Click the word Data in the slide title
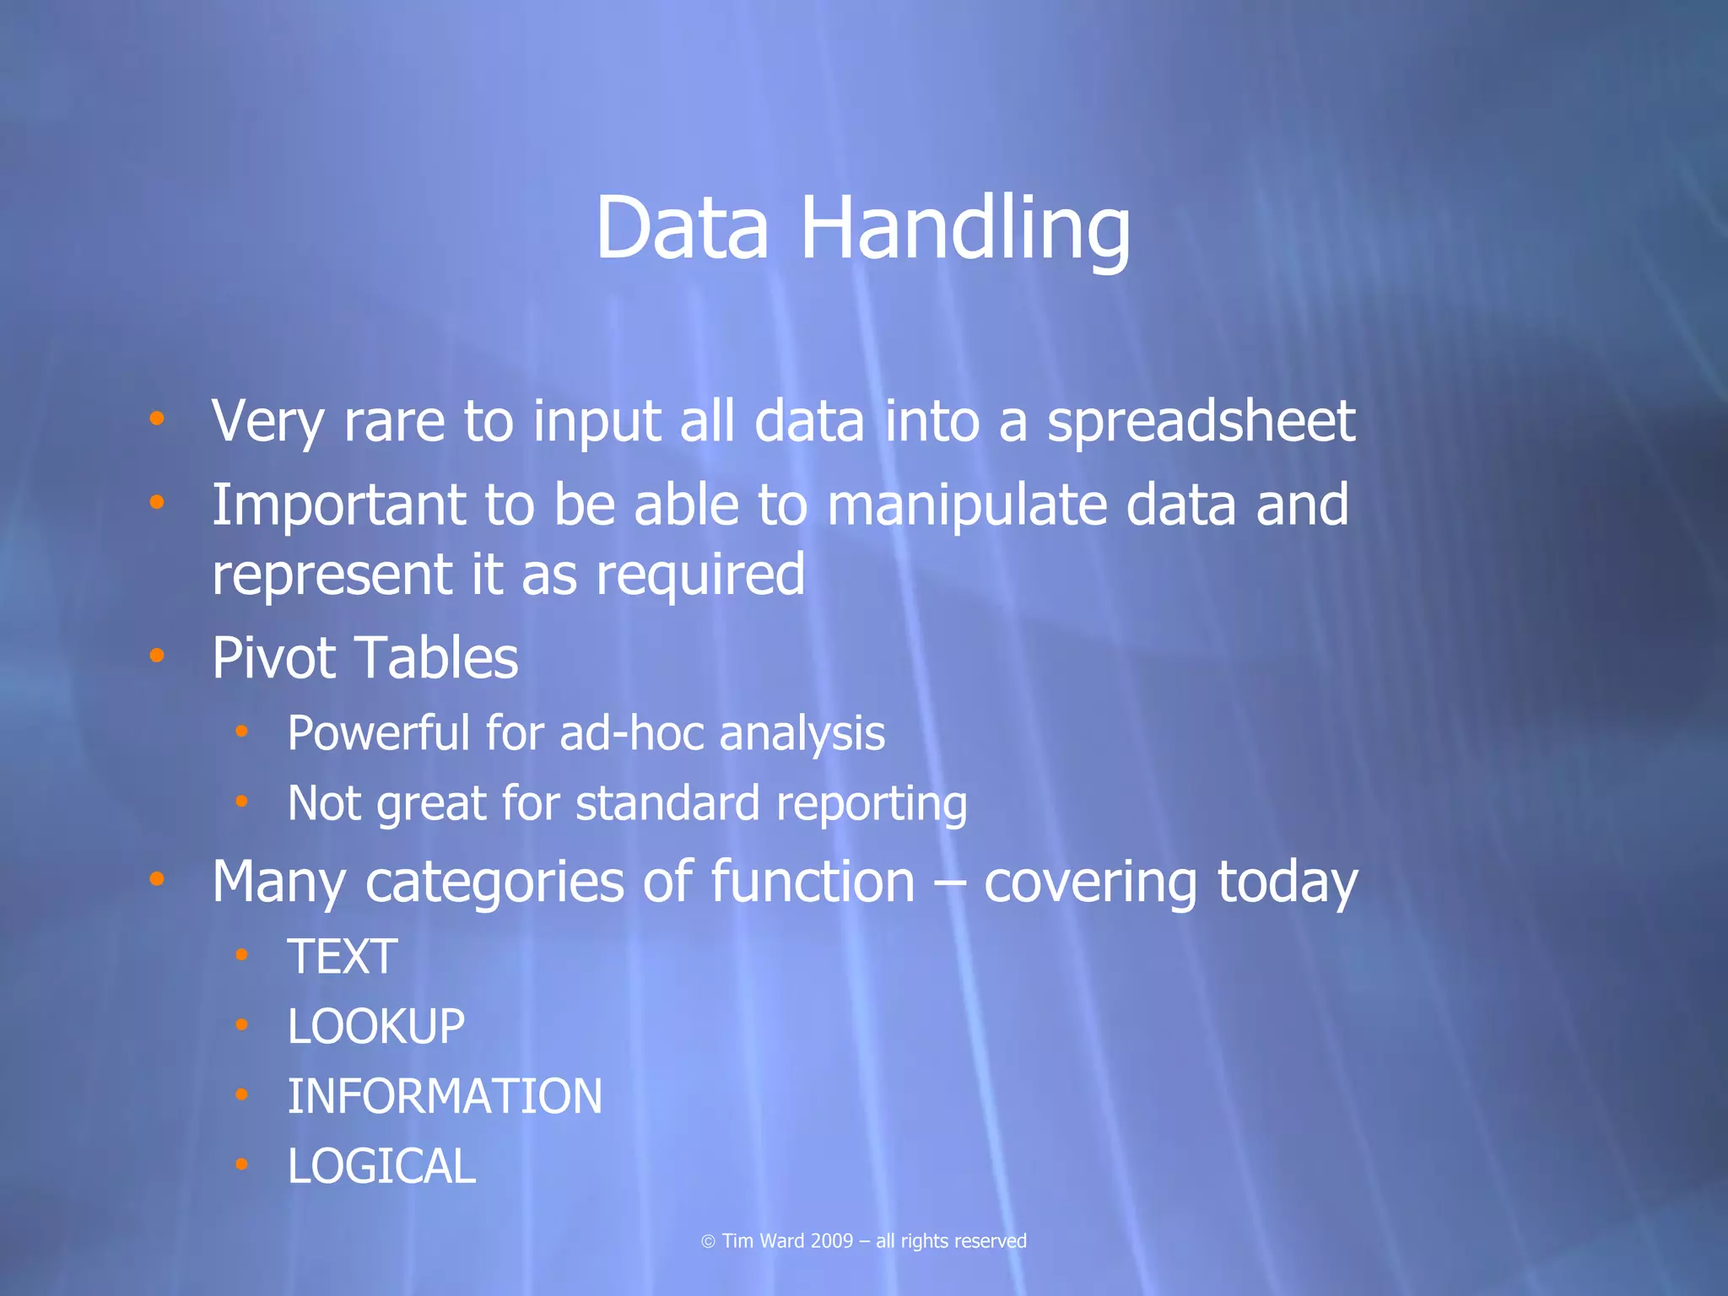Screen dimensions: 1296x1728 coord(682,229)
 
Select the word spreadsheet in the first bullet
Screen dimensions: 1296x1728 coord(1201,421)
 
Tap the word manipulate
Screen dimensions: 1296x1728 coord(965,506)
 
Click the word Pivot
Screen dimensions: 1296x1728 coord(273,658)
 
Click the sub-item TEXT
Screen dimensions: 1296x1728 coord(343,958)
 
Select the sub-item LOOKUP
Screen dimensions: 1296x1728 coord(376,1028)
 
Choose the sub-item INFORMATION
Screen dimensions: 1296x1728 coord(445,1097)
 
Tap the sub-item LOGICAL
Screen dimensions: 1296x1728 coord(381,1167)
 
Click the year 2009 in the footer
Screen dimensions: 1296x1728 coord(831,1241)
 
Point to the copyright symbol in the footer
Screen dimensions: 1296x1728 coord(708,1241)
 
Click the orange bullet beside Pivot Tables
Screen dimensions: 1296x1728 coord(157,656)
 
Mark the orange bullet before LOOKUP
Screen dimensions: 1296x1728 coord(242,1025)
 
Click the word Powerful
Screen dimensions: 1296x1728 coord(378,733)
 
